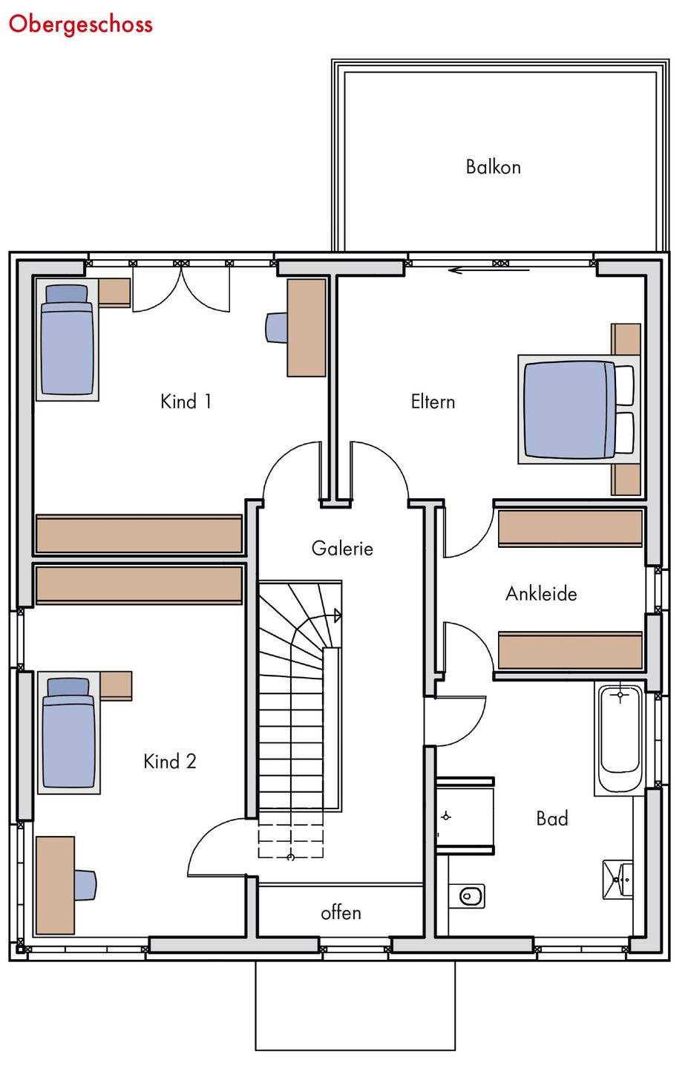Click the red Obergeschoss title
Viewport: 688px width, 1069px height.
81,24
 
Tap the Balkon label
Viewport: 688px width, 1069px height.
493,167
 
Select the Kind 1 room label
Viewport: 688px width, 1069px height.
186,402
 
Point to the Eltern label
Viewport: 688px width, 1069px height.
433,402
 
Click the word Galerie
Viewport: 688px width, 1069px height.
342,549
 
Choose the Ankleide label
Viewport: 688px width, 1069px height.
541,594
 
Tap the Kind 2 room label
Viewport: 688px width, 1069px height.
170,762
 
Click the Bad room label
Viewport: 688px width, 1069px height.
552,819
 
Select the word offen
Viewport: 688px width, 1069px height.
341,913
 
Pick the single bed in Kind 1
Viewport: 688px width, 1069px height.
68,340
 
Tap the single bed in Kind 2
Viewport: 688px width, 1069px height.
69,733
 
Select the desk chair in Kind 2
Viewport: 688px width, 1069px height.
85,886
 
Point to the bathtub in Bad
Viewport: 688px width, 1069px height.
620,739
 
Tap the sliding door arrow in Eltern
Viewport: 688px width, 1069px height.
489,270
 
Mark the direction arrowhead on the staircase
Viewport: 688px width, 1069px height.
338,615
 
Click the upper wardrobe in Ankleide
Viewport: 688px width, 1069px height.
570,527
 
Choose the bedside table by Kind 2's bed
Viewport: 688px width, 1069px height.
116,686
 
